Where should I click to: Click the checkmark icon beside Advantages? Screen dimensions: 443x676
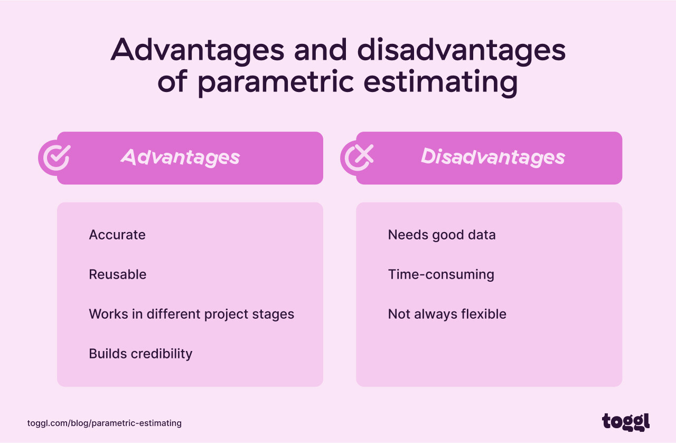tap(55, 157)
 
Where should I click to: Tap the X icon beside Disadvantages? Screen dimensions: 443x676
tap(358, 157)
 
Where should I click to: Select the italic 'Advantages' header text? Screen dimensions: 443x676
tap(180, 157)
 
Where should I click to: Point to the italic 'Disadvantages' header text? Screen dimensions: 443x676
tap(493, 157)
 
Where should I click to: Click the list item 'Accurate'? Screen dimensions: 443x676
tap(117, 235)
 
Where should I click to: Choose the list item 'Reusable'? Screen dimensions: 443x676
tap(118, 274)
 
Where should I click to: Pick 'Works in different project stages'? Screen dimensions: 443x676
tap(191, 314)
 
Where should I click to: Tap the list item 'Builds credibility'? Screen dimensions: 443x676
tap(140, 354)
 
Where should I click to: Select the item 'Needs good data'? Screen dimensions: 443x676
tap(442, 235)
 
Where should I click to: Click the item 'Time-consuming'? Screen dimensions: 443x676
tap(441, 274)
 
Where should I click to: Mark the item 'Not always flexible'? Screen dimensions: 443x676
tap(447, 314)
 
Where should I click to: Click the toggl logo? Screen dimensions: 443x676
tap(626, 422)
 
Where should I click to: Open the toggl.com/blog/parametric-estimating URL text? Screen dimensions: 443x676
tap(105, 423)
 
